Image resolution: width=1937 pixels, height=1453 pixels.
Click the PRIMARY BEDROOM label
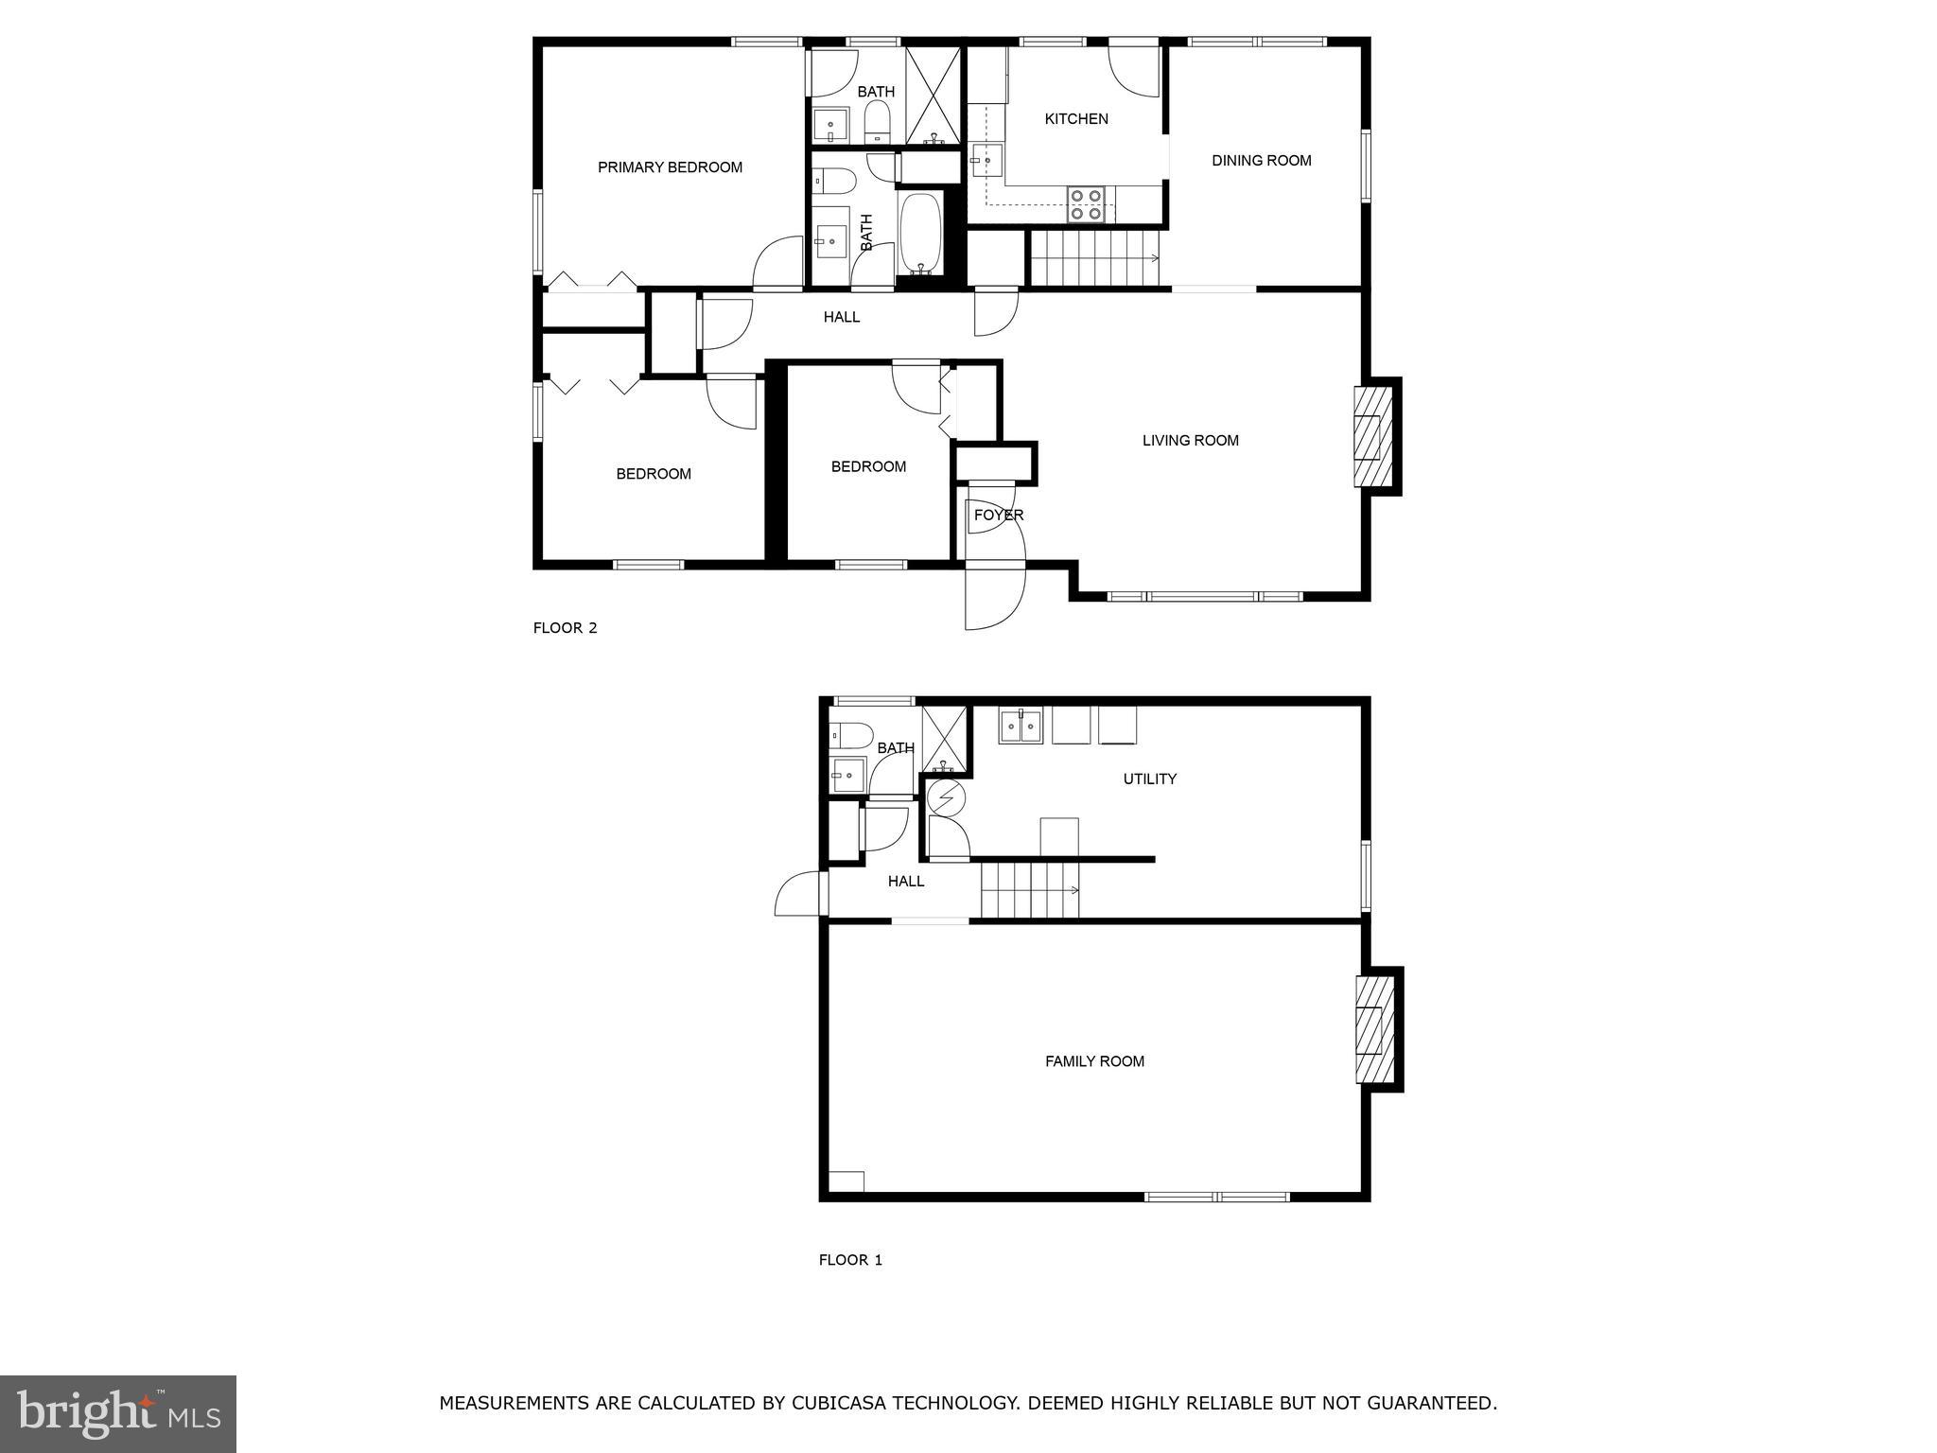(x=670, y=167)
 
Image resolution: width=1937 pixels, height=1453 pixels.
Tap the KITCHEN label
(x=1076, y=119)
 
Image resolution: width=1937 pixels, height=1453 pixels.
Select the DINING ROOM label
(x=1262, y=161)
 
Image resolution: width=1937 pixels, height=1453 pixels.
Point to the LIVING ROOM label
(x=1190, y=440)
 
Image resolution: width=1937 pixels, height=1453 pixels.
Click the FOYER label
(x=999, y=516)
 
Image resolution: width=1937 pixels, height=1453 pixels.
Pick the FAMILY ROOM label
(x=1094, y=1061)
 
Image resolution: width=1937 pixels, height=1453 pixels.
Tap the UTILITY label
(x=1149, y=779)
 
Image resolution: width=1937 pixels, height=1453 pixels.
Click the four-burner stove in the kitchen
(x=1086, y=204)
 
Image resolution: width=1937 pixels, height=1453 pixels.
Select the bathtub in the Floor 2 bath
(x=919, y=233)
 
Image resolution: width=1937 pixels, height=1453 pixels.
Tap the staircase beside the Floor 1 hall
(x=1029, y=890)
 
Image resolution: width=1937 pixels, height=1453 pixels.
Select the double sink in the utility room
(x=1021, y=726)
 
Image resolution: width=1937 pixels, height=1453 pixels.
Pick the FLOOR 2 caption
(x=566, y=627)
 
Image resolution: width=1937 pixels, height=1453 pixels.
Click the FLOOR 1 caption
(x=850, y=1260)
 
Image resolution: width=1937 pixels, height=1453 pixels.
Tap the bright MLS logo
(x=118, y=1413)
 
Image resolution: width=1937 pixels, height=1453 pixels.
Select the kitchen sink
(x=986, y=162)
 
